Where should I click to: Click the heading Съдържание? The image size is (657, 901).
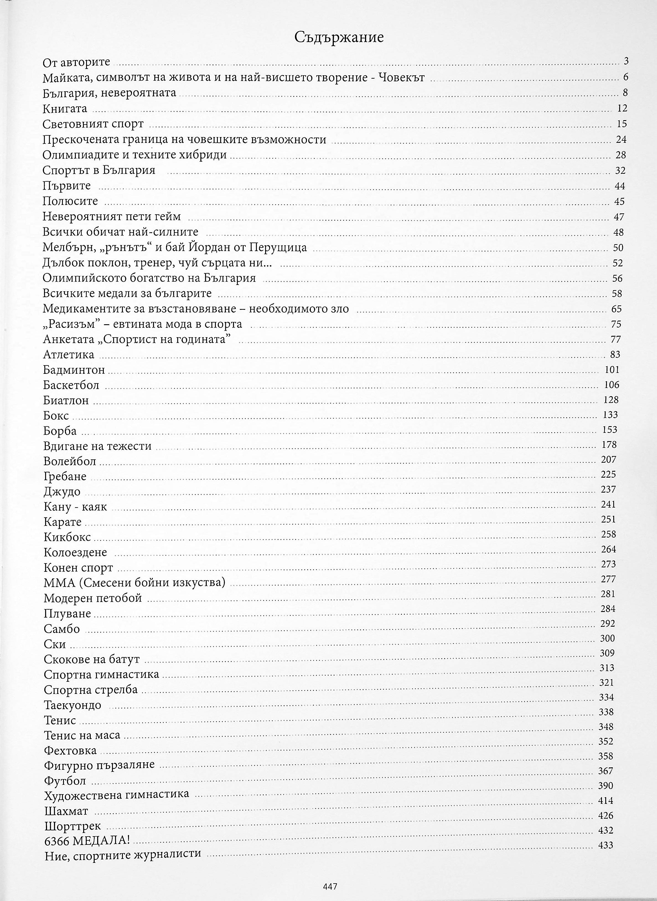pos(339,37)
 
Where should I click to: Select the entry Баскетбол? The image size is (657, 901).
pos(71,385)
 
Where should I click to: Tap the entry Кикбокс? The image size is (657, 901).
pos(67,537)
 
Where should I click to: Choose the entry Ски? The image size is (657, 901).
pos(55,644)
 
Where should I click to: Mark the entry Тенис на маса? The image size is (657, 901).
pos(82,735)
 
